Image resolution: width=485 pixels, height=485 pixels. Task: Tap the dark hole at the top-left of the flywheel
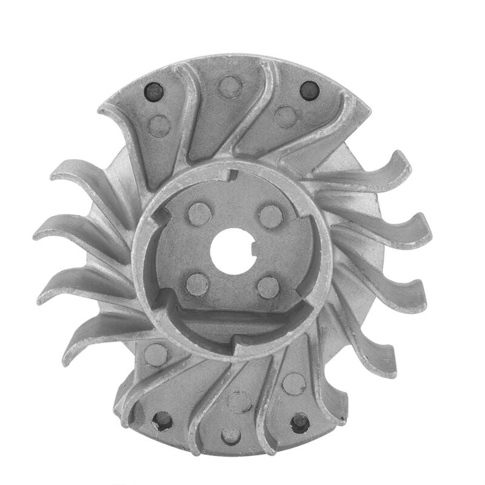[x=153, y=92]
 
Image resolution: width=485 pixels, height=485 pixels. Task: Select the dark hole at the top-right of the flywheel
[x=309, y=91]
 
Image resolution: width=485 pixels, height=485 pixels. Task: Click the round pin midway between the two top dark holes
[x=230, y=86]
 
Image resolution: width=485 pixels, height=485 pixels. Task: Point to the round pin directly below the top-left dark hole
[x=159, y=125]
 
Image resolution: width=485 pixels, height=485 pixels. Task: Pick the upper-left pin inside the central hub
[x=198, y=213]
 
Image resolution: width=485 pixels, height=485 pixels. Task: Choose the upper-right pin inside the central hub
[x=270, y=216]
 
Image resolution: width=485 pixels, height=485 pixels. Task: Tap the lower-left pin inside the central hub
[x=196, y=284]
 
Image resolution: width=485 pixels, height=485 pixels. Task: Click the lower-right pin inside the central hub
[x=268, y=287]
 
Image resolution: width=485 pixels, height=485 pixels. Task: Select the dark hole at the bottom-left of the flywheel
[x=162, y=420]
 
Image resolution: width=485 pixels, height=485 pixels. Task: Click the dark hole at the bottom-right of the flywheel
[x=299, y=422]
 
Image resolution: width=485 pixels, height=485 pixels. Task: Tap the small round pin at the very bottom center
[x=231, y=435]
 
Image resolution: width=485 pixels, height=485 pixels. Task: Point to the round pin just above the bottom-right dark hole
[x=294, y=383]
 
